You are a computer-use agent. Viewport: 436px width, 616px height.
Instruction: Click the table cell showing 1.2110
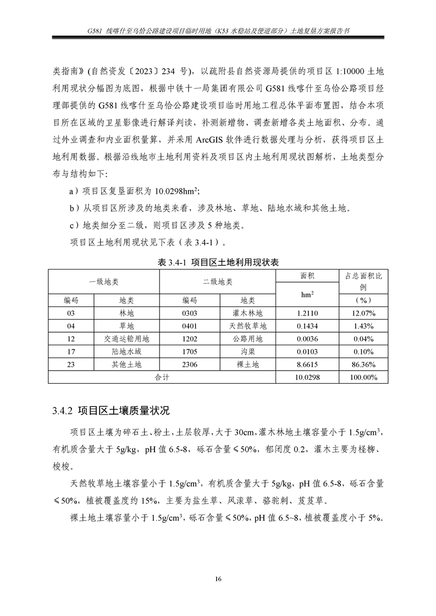(307, 313)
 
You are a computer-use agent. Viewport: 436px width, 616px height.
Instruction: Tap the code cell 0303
(190, 313)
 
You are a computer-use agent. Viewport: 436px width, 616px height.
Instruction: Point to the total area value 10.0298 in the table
(307, 377)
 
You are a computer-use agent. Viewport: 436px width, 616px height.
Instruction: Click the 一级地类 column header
(104, 282)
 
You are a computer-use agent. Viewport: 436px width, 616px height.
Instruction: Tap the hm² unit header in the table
(307, 294)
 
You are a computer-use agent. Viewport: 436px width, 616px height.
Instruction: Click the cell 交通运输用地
(126, 339)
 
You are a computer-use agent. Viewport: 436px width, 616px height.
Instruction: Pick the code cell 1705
(190, 351)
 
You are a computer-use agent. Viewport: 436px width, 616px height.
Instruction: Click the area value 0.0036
(307, 339)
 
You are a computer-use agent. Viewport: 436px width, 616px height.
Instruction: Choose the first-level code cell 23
(71, 365)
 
